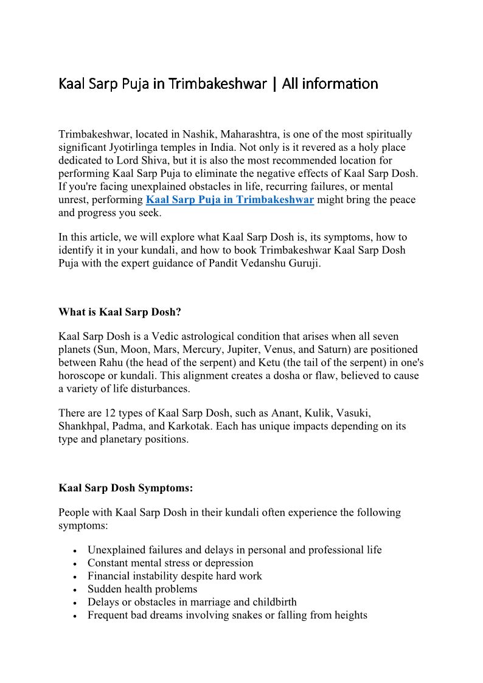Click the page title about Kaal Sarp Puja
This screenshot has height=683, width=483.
pos(218,83)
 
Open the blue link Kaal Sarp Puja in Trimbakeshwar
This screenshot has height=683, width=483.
pos(230,200)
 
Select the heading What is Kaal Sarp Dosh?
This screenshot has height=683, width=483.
pos(120,312)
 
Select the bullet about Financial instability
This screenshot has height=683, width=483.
pos(175,576)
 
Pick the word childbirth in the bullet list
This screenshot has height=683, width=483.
pos(273,602)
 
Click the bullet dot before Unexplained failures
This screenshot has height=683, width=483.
pos(74,550)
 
